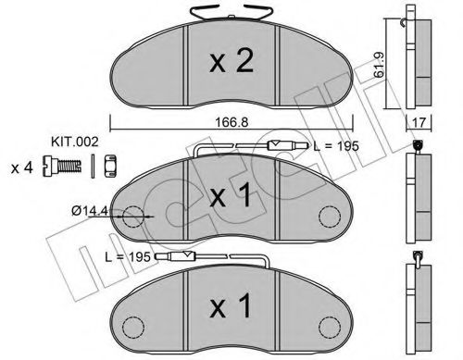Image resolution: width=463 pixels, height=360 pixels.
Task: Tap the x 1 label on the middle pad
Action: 228,197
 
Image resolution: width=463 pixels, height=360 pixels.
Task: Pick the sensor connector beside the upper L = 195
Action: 281,145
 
